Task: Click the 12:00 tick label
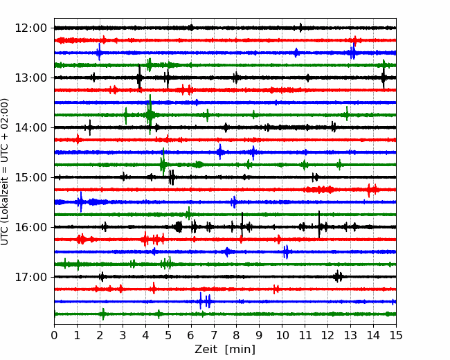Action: [30, 28]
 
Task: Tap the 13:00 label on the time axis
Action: [30, 78]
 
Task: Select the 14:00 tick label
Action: [30, 128]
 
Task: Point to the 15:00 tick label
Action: [30, 177]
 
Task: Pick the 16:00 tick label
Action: [30, 227]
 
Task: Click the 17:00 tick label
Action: [30, 277]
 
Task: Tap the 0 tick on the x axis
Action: [54, 335]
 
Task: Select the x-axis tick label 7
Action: [214, 335]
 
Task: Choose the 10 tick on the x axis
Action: [282, 335]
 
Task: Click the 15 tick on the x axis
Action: [396, 335]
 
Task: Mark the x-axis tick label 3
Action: [123, 335]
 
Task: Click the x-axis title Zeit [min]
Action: [225, 350]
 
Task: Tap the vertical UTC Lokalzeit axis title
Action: [5, 172]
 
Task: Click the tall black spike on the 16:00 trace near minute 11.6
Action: [319, 224]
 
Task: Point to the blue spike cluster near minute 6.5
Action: [205, 301]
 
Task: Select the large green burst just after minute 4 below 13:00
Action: [150, 115]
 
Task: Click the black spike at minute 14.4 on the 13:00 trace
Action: [384, 78]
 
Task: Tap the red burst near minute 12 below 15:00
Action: [320, 190]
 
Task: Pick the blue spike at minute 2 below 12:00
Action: [99, 52]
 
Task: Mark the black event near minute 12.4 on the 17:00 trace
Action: [338, 277]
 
